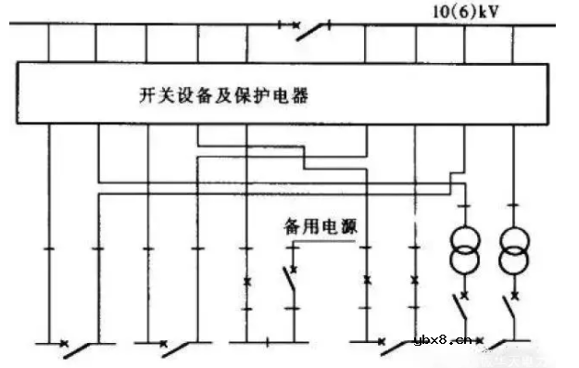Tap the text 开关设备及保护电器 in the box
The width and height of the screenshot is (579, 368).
click(220, 95)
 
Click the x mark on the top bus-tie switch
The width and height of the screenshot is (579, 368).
click(296, 23)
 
